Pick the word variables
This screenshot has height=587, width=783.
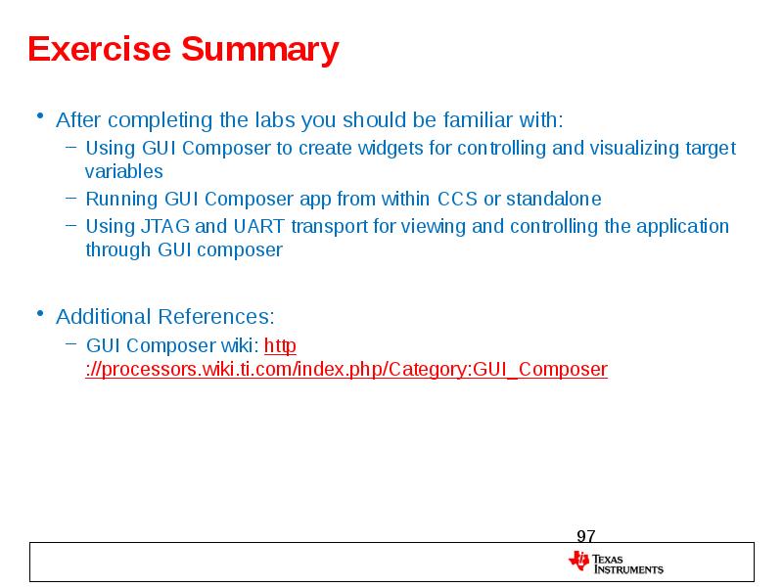[123, 171]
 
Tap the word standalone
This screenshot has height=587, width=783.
[554, 200]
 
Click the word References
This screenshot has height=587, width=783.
[218, 317]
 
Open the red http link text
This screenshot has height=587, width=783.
[281, 345]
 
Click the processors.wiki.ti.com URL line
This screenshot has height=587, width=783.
[346, 370]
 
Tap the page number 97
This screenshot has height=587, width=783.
[585, 536]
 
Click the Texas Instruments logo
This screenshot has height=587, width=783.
[616, 563]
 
